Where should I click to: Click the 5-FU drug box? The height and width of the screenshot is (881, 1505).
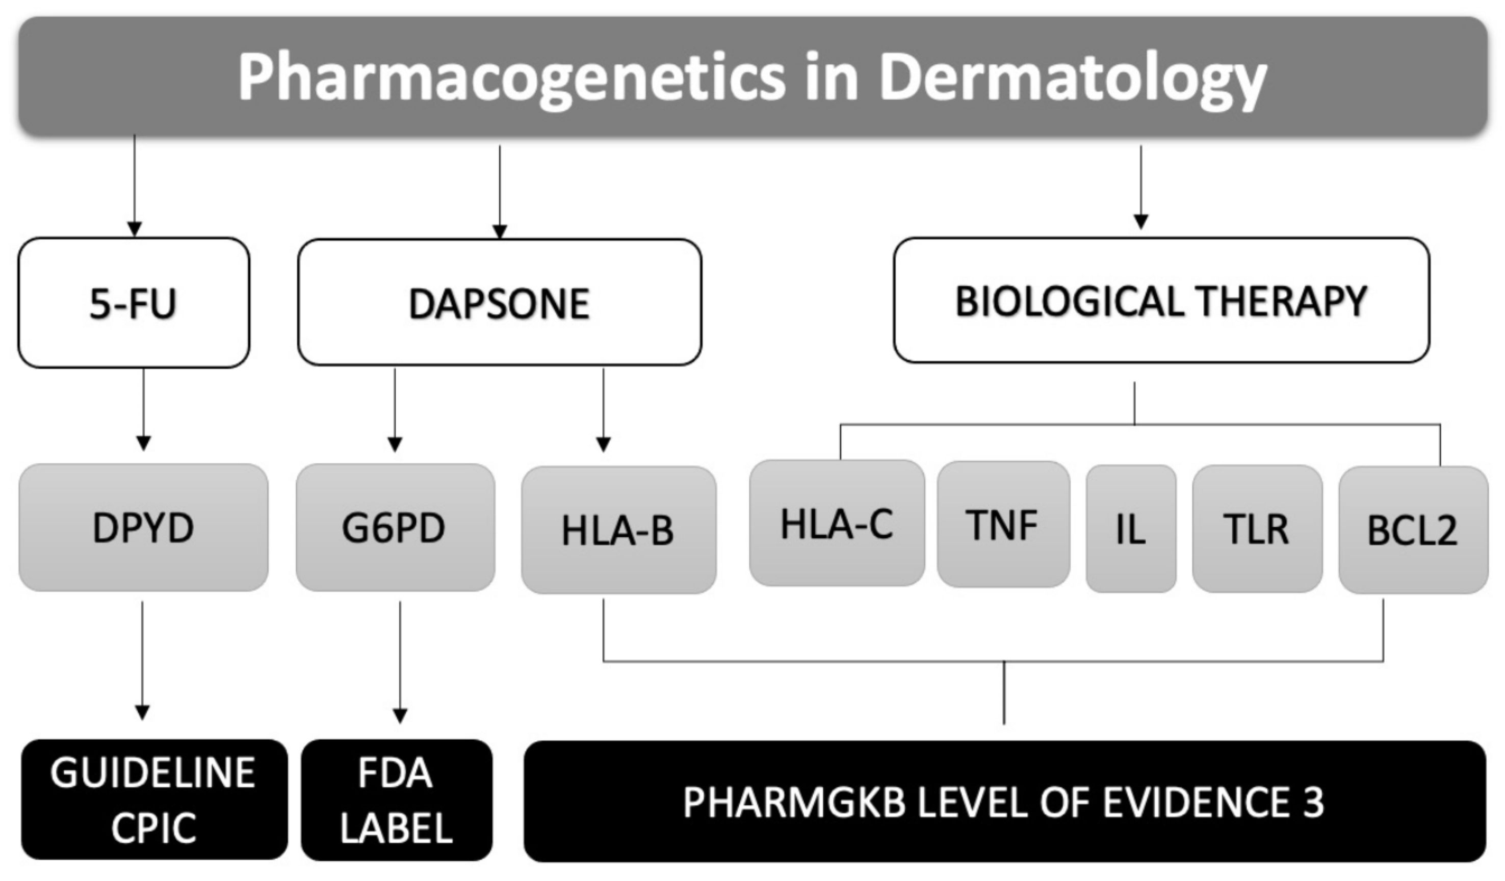click(x=133, y=303)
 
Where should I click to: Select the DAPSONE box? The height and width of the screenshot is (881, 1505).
click(x=499, y=303)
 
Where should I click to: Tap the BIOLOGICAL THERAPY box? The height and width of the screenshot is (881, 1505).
click(x=1160, y=300)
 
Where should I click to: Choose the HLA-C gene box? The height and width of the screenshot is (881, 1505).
click(x=836, y=524)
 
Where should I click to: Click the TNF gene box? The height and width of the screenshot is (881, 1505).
click(x=1003, y=525)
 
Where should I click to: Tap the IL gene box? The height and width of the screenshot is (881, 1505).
click(x=1131, y=529)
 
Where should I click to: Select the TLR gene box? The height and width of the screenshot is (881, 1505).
click(x=1257, y=529)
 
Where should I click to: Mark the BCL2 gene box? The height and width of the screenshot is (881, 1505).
click(x=1412, y=530)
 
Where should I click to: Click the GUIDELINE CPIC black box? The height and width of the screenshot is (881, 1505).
click(x=154, y=800)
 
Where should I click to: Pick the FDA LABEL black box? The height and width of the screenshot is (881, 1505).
click(x=396, y=800)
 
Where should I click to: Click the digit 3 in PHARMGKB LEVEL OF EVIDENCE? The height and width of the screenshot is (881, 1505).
click(x=1313, y=801)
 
